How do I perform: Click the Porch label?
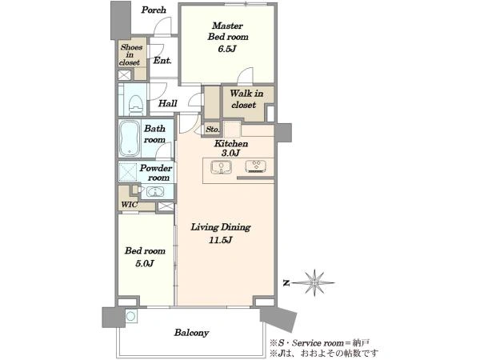tap(154, 10)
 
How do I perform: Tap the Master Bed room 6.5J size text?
tap(227, 49)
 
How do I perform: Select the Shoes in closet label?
tap(130, 54)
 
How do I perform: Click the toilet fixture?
tap(136, 104)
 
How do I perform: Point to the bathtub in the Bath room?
tap(130, 138)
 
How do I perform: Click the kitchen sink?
tap(221, 167)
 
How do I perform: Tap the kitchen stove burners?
tap(256, 166)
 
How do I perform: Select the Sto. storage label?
tap(213, 129)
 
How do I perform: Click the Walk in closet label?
tap(246, 99)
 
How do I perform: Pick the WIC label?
tap(129, 205)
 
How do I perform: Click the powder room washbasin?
tap(155, 192)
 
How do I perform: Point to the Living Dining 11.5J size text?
tap(221, 240)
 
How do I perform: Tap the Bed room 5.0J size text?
tap(144, 263)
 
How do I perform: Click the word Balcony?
tap(192, 333)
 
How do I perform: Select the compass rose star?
tap(315, 283)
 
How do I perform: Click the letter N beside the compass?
tap(286, 283)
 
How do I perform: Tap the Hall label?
tap(168, 103)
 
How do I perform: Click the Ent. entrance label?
tap(162, 60)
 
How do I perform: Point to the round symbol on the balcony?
tap(131, 316)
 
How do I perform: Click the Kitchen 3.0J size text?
tap(230, 153)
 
